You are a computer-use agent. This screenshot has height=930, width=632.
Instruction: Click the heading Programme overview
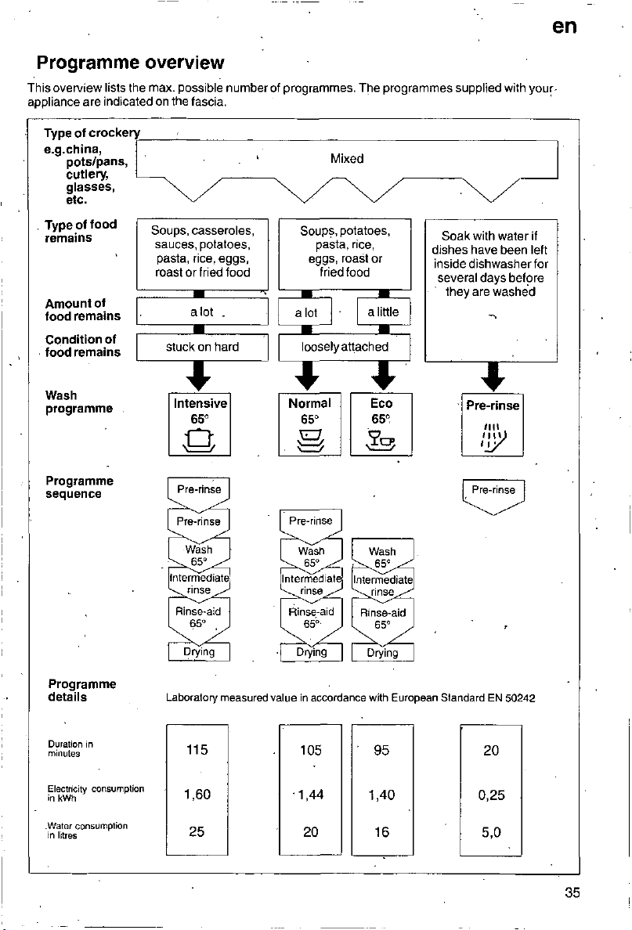click(x=131, y=63)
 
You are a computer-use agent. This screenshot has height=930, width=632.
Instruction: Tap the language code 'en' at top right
click(x=564, y=26)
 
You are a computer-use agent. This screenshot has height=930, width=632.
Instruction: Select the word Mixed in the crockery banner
click(x=347, y=158)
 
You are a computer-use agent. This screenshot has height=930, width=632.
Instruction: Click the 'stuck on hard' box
click(x=202, y=347)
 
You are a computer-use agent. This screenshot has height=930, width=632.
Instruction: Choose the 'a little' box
click(x=384, y=312)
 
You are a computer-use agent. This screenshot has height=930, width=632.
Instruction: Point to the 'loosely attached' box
click(x=344, y=347)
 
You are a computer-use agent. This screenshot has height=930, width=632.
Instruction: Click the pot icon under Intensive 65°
click(x=200, y=441)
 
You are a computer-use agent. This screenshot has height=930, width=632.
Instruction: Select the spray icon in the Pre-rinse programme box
click(x=493, y=438)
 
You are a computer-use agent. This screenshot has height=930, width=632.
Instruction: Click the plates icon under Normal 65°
click(x=310, y=441)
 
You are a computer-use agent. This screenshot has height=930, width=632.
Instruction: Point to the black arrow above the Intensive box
click(x=199, y=376)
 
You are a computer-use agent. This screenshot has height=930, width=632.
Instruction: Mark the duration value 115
click(x=197, y=750)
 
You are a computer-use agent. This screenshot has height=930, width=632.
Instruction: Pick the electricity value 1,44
click(x=310, y=795)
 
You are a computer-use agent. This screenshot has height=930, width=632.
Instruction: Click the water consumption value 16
click(x=381, y=832)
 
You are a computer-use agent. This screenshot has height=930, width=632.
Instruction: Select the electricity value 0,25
click(x=491, y=795)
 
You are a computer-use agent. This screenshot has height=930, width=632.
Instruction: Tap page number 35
click(x=572, y=892)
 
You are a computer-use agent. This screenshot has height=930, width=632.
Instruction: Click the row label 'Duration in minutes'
click(x=70, y=748)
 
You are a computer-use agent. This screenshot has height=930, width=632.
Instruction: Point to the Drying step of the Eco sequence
click(x=382, y=652)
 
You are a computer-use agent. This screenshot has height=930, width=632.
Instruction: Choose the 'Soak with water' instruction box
click(x=491, y=290)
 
